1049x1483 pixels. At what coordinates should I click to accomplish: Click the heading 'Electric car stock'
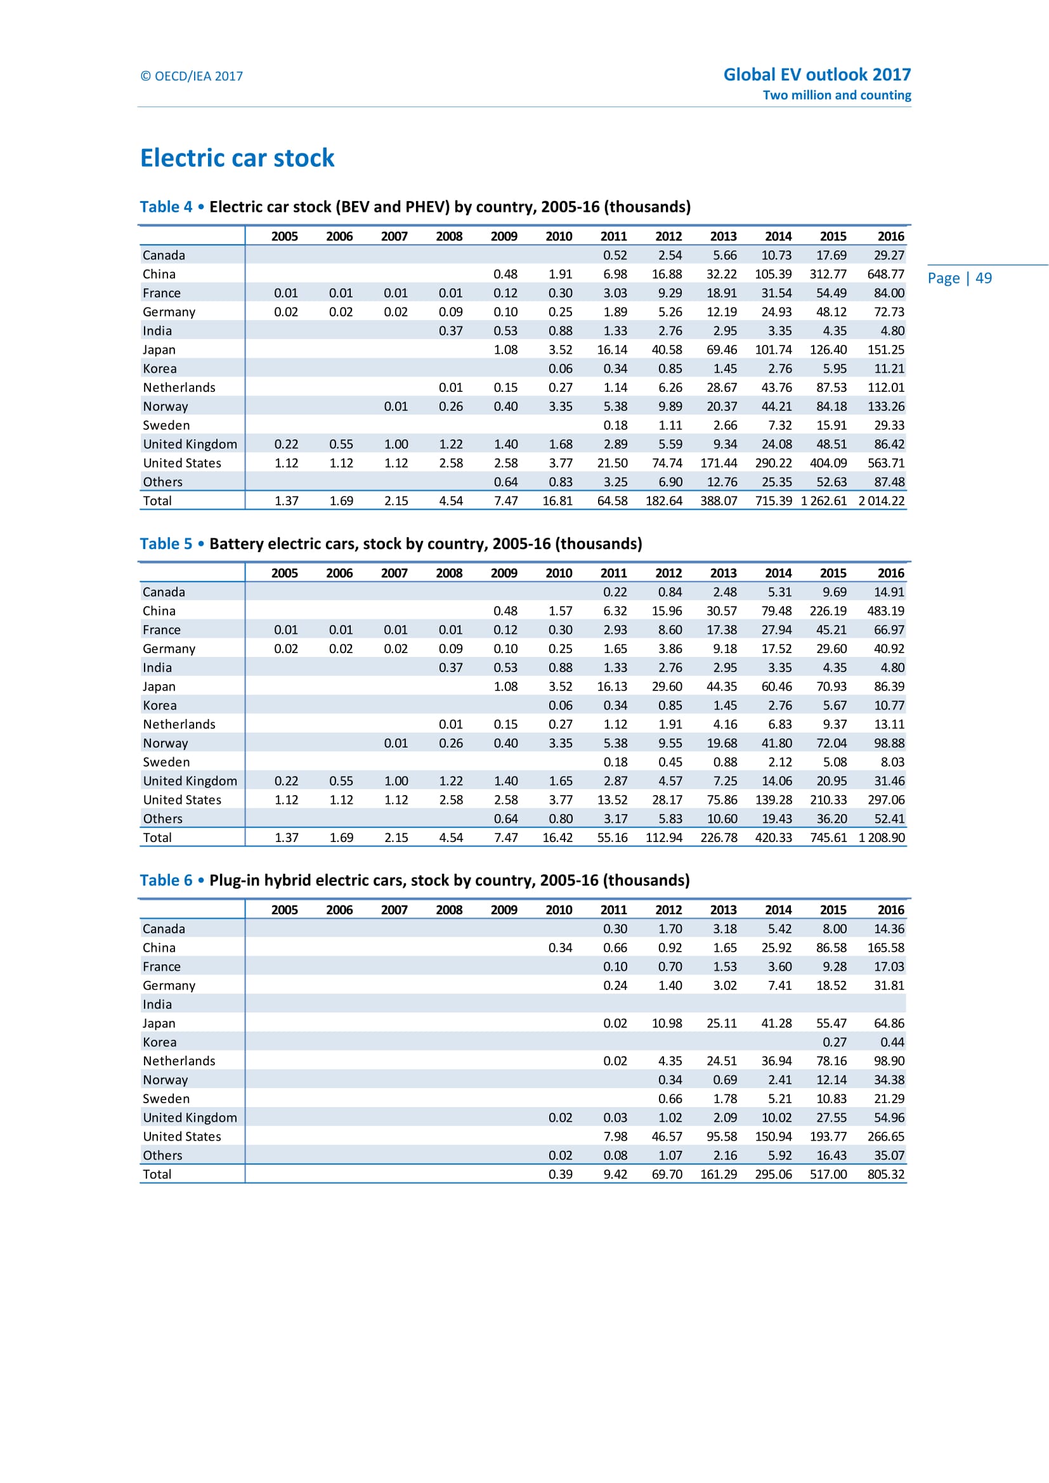click(237, 159)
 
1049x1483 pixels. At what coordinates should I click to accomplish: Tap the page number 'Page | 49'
click(959, 278)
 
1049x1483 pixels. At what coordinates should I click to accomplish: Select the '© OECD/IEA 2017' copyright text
click(192, 76)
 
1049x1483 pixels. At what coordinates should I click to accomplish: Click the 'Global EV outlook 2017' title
click(816, 75)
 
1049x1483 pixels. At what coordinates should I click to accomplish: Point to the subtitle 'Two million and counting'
click(837, 95)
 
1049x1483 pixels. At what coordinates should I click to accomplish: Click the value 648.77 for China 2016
click(885, 275)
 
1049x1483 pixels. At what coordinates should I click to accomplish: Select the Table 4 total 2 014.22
click(881, 502)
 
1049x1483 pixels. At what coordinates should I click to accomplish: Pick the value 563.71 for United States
click(885, 463)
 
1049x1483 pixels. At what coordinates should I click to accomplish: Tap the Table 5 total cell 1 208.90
click(881, 838)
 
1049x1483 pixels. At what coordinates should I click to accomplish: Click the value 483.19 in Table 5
click(885, 611)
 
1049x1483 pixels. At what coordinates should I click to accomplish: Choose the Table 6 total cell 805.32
click(885, 1174)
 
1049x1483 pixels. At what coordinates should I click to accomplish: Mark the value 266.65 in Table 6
click(885, 1137)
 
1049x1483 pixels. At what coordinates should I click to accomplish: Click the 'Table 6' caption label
click(166, 881)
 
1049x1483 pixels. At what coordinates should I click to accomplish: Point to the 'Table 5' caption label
click(166, 544)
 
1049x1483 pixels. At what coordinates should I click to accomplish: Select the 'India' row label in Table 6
click(158, 1004)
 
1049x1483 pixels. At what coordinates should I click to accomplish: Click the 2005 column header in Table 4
click(284, 236)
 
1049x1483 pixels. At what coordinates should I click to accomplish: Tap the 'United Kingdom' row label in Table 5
click(190, 781)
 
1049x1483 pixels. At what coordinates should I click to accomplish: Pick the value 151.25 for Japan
click(885, 350)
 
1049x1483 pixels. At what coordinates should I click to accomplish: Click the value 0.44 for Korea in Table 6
click(892, 1042)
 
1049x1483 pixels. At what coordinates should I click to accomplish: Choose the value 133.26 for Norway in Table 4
click(885, 407)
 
